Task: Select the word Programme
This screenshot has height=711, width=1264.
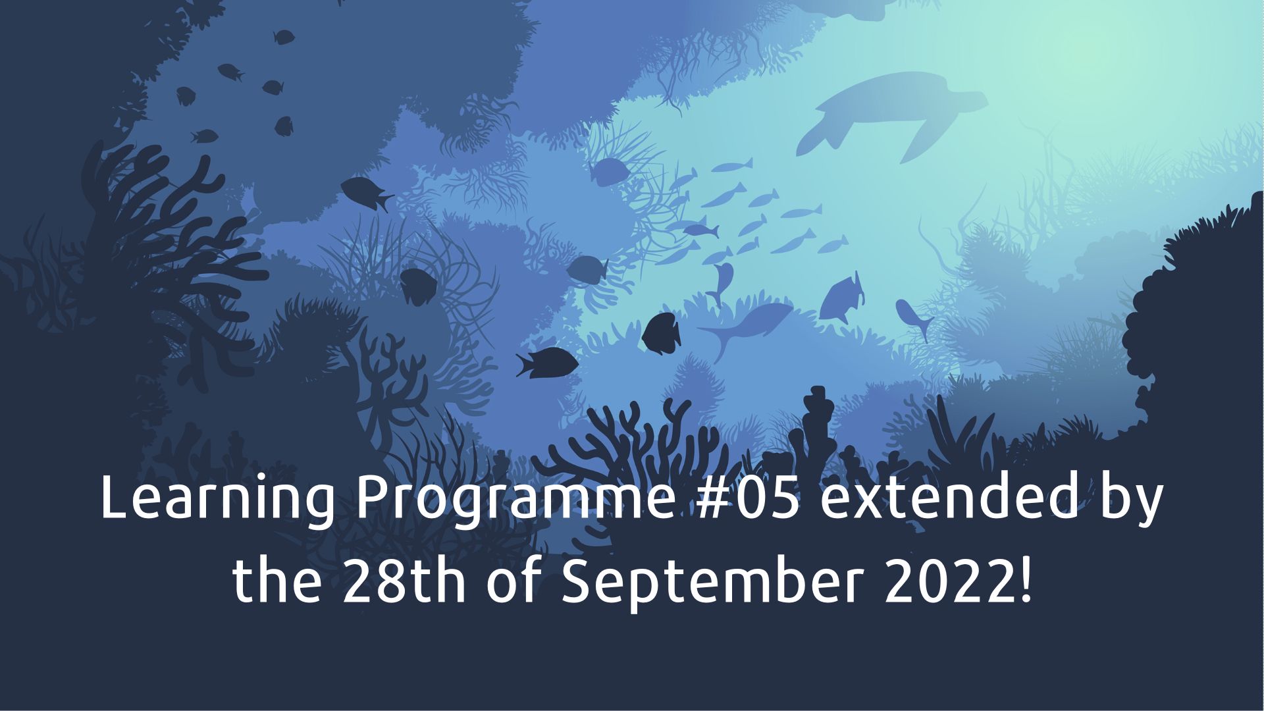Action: pyautogui.click(x=515, y=500)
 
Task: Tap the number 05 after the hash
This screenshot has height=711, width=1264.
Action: pyautogui.click(x=770, y=498)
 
